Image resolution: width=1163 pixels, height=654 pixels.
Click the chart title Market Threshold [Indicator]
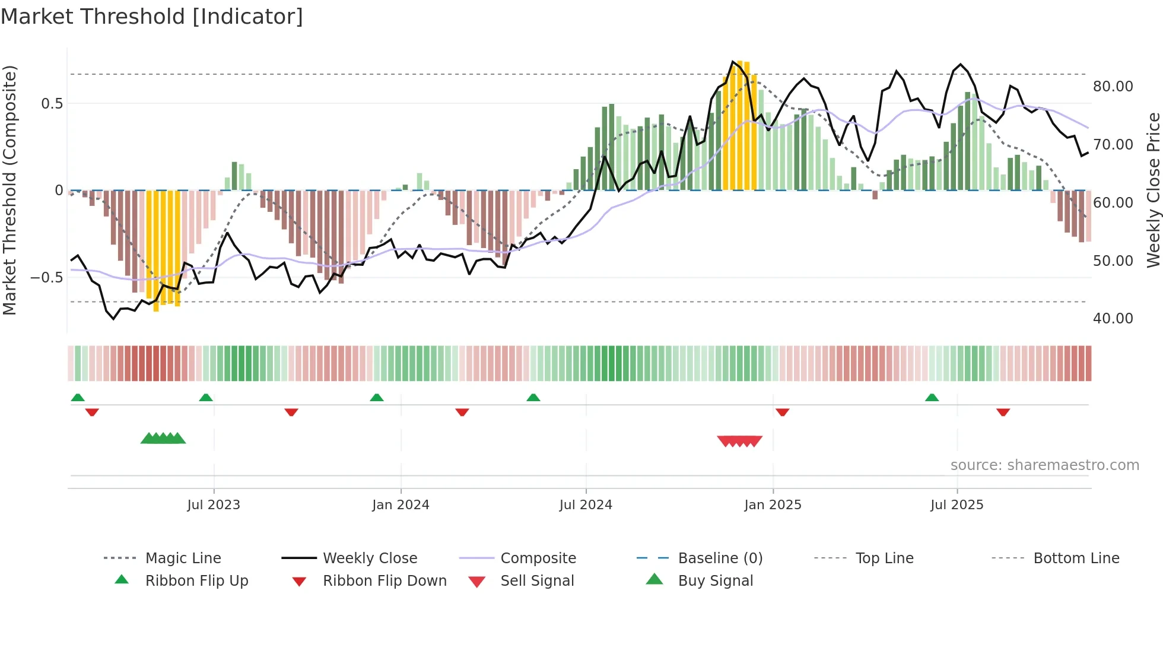pyautogui.click(x=152, y=17)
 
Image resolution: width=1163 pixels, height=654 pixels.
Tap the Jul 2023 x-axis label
pyautogui.click(x=214, y=505)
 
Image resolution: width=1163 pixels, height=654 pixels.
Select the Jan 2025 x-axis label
pyautogui.click(x=773, y=505)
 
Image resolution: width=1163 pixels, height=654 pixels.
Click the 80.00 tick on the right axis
pyautogui.click(x=1113, y=87)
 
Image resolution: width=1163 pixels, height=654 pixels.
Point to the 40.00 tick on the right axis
pyautogui.click(x=1113, y=319)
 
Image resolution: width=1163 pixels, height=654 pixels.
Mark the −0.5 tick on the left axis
pyautogui.click(x=47, y=278)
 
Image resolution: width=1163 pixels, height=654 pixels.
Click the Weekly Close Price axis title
pyautogui.click(x=1153, y=190)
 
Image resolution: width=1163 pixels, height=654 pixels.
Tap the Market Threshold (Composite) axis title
pyautogui.click(x=9, y=190)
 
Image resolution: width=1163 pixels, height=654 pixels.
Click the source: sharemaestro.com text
pyautogui.click(x=1044, y=465)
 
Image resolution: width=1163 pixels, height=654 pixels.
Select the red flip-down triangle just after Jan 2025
pyautogui.click(x=782, y=412)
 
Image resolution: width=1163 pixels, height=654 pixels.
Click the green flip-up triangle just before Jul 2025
pyautogui.click(x=932, y=398)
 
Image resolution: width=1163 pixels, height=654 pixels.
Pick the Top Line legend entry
pyautogui.click(x=884, y=558)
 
